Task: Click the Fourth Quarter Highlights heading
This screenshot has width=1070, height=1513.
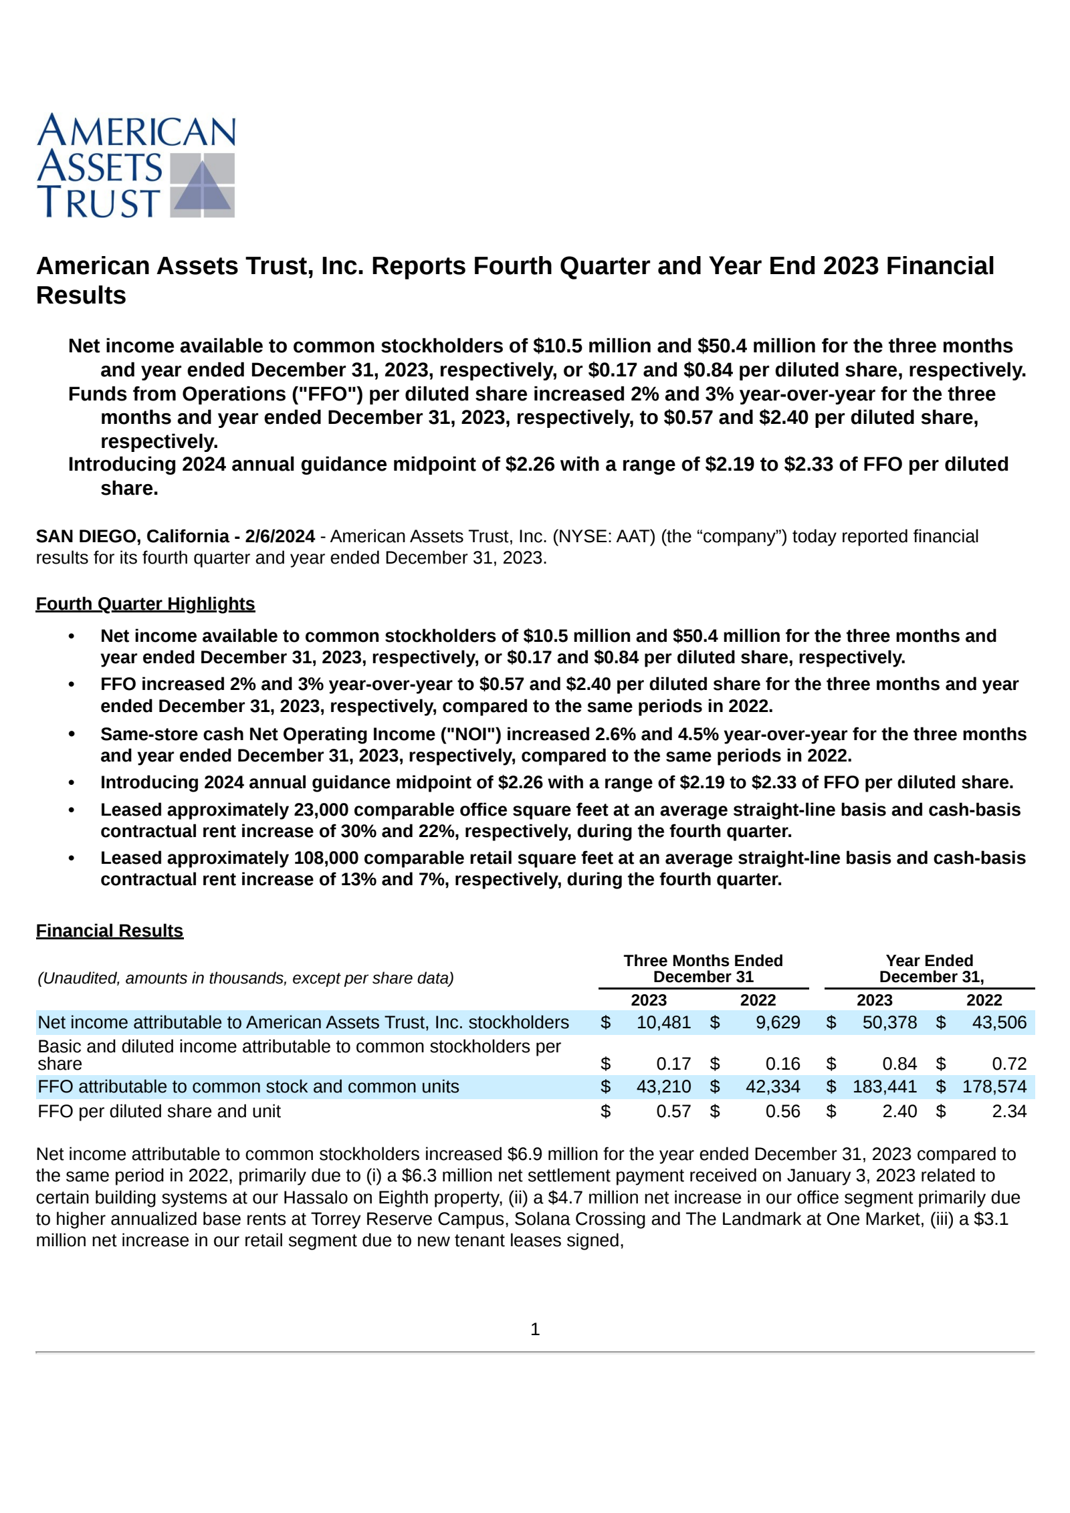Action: click(145, 604)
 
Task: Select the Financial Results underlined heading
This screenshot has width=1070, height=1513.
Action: click(109, 931)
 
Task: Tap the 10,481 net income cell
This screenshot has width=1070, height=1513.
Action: click(663, 1022)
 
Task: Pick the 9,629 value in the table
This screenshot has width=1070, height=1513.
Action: click(777, 1022)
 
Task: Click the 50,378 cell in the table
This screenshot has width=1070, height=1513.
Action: click(889, 1022)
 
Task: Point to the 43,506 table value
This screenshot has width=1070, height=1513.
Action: click(998, 1022)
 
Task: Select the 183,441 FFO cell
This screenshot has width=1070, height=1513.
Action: click(884, 1086)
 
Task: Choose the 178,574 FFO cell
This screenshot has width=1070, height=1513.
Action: click(994, 1086)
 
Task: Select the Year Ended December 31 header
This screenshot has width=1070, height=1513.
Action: click(930, 969)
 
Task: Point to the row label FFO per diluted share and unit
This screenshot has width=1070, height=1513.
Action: click(159, 1111)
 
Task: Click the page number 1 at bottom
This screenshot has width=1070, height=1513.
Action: click(535, 1330)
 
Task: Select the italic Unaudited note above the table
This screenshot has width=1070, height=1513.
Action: click(245, 978)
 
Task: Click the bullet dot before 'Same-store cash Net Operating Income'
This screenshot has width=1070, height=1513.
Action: click(72, 734)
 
